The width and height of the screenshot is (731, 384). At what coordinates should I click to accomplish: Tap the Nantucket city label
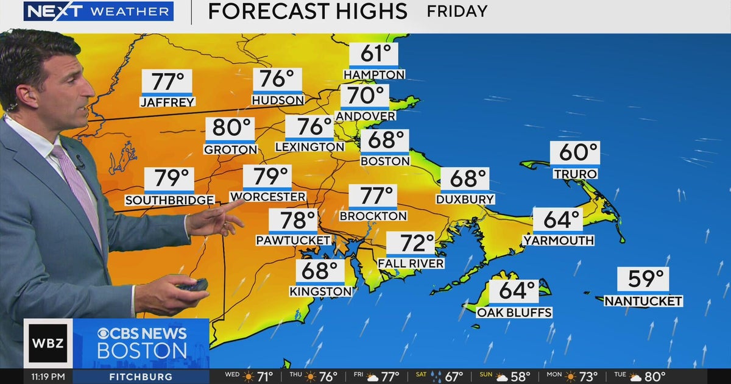coord(643,301)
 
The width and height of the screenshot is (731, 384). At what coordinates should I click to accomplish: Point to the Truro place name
coord(575,174)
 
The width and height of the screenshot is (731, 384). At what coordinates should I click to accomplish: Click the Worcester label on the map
coord(268,197)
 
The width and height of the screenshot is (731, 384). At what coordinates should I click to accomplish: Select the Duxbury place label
coord(465,199)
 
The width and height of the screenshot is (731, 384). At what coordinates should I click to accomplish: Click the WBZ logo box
coord(48,343)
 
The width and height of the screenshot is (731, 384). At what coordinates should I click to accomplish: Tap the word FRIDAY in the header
coord(457,11)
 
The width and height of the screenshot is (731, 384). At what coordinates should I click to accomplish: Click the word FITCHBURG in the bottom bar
coord(141,377)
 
